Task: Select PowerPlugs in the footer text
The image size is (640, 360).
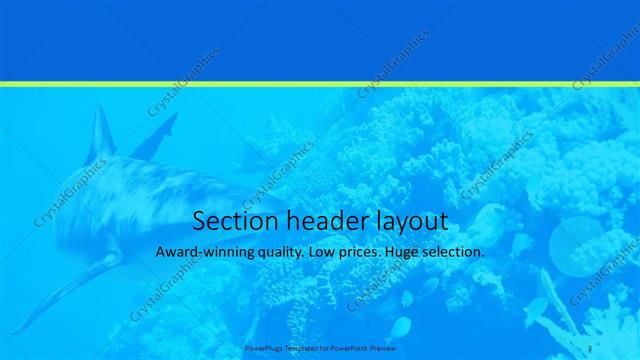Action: (264, 348)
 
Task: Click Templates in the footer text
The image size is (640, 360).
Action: (304, 348)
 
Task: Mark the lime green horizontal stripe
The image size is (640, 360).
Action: (320, 84)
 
